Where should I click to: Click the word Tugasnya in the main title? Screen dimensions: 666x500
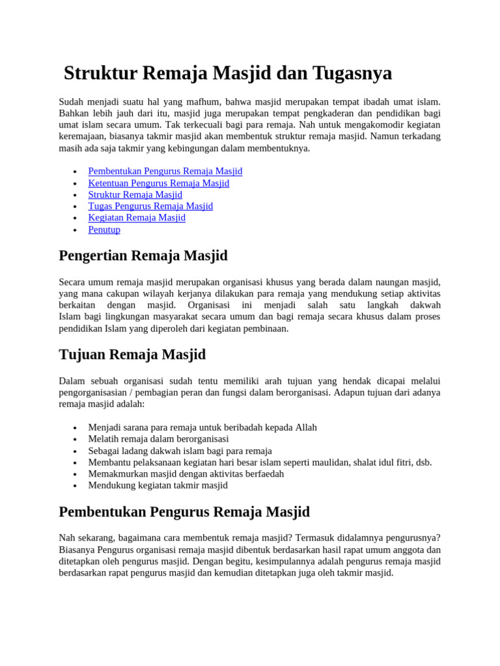[354, 73]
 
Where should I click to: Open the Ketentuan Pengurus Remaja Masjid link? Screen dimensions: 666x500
[158, 183]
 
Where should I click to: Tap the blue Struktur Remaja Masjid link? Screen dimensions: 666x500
[135, 195]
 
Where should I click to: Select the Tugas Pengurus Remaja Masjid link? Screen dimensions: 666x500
[150, 206]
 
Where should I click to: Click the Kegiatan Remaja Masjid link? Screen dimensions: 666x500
[137, 218]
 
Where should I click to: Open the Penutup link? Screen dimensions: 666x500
[104, 230]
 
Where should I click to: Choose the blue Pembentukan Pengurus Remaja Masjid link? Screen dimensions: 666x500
[165, 172]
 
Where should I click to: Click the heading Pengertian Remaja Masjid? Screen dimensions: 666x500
[143, 256]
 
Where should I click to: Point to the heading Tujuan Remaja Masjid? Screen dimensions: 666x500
[132, 354]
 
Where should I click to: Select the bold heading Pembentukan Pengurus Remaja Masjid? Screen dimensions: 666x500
[184, 512]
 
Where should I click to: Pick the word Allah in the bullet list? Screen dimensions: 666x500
[306, 427]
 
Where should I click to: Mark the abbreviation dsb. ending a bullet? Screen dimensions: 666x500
[424, 462]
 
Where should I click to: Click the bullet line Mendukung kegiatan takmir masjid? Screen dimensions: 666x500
[158, 485]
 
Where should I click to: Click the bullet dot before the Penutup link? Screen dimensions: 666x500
[76, 230]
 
